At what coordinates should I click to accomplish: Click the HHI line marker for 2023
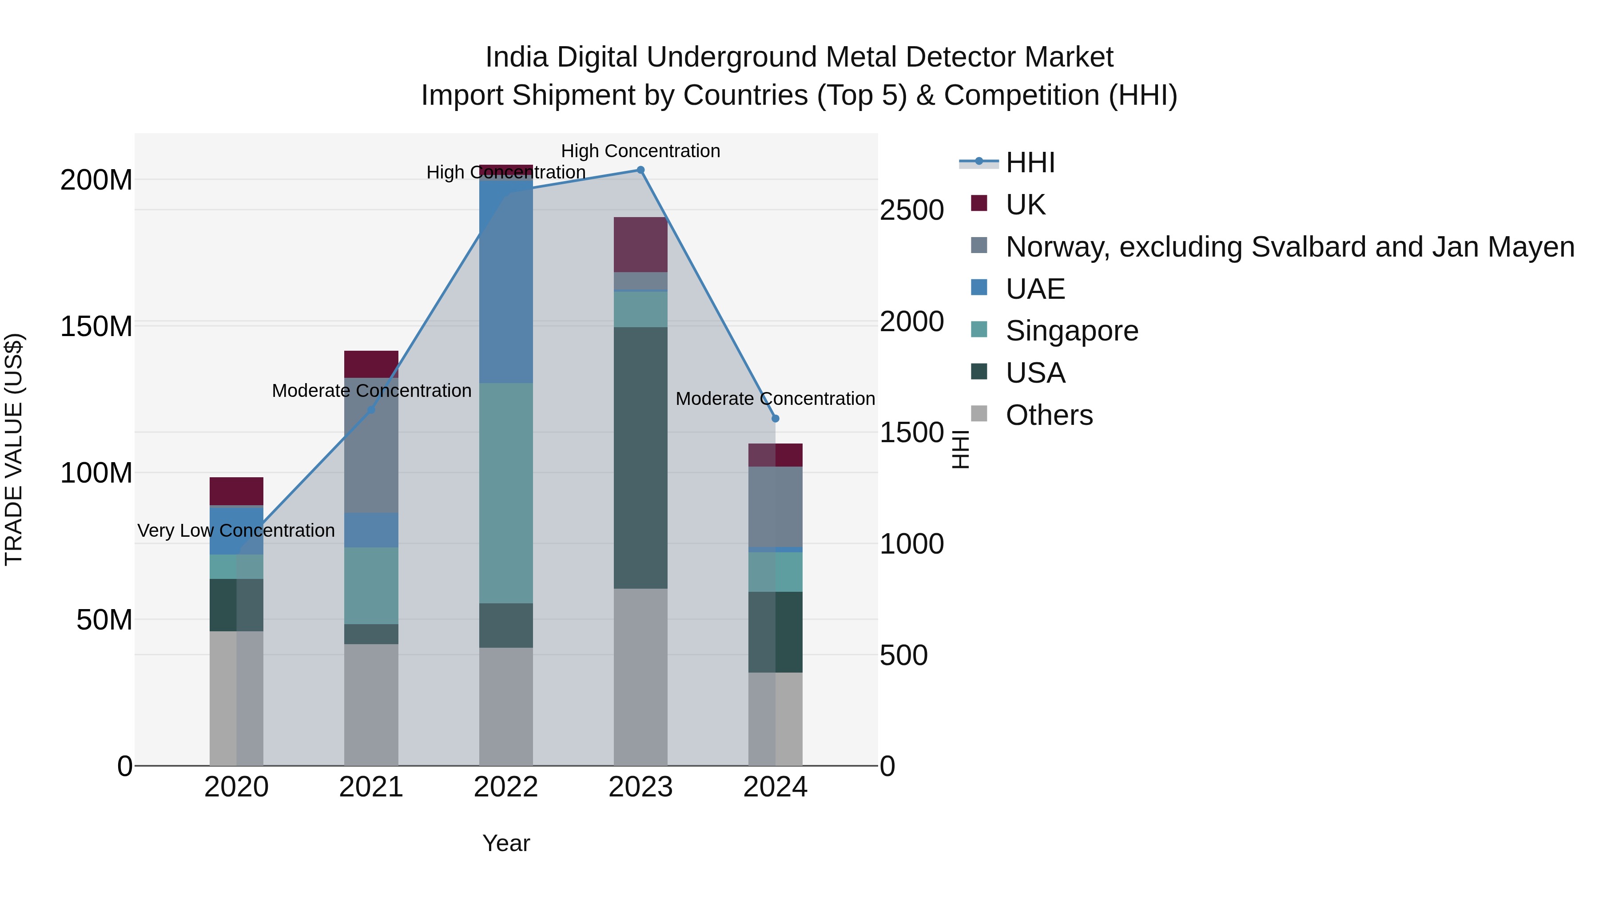coord(640,170)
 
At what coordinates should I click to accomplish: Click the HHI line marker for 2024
coord(775,419)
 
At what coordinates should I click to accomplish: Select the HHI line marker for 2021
coord(371,410)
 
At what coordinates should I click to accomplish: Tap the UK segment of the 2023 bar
coord(640,245)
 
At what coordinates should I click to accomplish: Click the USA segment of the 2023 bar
coord(640,458)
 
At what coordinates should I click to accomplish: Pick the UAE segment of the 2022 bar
coord(506,279)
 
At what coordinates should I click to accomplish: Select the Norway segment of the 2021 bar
coord(371,445)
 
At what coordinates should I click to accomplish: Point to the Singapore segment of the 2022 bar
coord(506,493)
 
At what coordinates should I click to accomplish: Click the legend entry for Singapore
coord(1072,331)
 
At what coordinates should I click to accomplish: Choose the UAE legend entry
coord(1035,289)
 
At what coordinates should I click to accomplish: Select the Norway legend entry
coord(1289,247)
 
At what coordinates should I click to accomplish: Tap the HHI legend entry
coord(1030,162)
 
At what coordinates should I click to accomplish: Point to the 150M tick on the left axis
coord(96,326)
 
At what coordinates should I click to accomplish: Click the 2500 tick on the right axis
coord(911,210)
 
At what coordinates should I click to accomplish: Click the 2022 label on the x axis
coord(506,787)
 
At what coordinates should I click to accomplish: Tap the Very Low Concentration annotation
coord(236,531)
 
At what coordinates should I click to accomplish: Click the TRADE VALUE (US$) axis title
coord(14,449)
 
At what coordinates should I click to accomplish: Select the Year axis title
coord(506,843)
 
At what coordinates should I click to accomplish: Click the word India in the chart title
coord(518,57)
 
